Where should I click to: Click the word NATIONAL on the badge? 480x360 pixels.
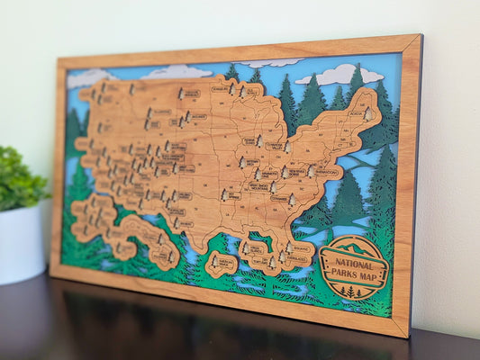point(353,261)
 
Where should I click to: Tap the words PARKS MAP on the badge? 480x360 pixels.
point(354,273)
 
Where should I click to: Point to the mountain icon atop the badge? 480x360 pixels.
point(354,247)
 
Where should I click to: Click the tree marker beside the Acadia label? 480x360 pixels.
point(367,113)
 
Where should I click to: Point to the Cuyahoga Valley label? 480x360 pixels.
point(275,146)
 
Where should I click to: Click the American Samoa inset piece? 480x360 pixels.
point(221,264)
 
